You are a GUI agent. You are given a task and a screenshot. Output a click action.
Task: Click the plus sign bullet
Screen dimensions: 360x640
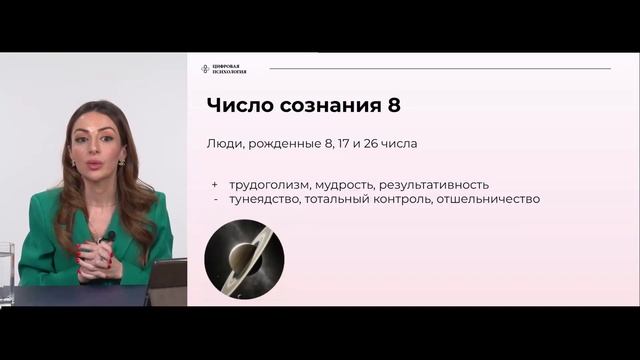pos(214,184)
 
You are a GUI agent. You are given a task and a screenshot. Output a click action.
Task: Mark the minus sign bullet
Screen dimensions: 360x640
pos(215,199)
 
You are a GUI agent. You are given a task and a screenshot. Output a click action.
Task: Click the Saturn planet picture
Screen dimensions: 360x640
pos(244,259)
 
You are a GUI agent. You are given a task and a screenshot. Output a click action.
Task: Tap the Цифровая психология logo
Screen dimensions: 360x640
pos(223,68)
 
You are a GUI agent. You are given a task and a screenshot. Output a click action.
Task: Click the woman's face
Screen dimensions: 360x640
pos(97,151)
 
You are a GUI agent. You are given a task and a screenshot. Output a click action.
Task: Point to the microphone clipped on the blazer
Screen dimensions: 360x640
pos(109,237)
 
